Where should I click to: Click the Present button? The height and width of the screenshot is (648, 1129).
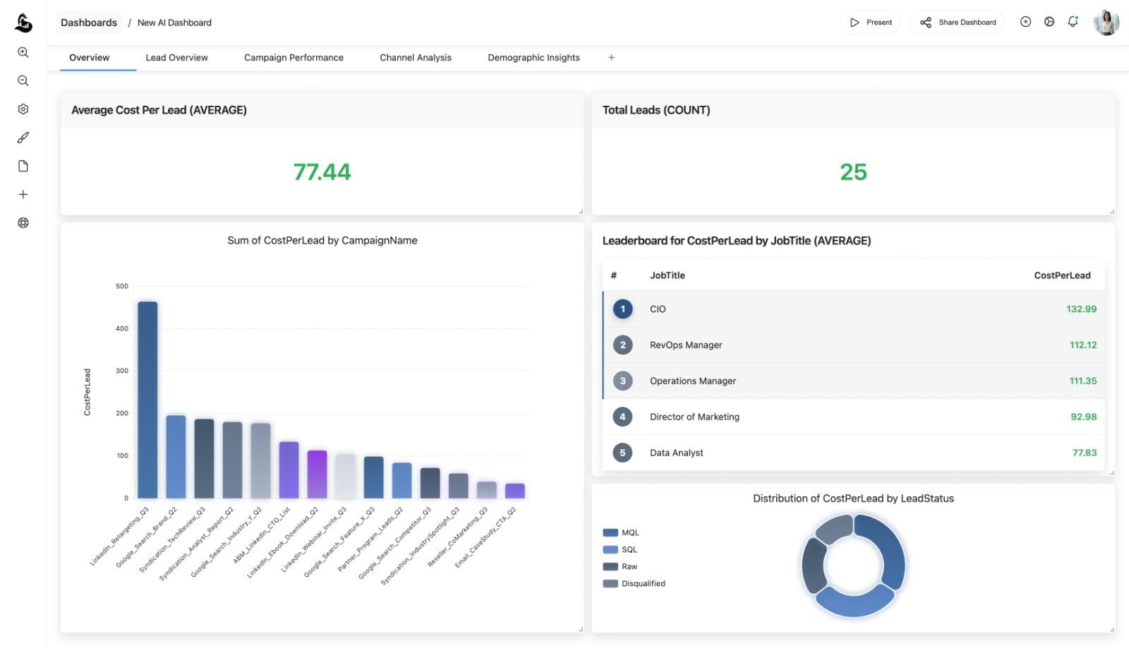871,23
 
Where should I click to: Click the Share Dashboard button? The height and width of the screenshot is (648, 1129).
958,23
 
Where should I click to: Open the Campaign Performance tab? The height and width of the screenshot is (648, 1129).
294,58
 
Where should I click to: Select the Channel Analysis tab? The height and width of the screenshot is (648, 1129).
415,58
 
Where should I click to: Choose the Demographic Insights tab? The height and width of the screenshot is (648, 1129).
533,58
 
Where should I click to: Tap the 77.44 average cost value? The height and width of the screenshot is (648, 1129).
322,172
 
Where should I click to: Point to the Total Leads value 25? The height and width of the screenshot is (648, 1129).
853,172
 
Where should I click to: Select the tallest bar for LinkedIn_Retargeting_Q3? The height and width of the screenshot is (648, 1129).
147,400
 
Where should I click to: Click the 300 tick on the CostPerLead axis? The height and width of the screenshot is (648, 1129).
122,371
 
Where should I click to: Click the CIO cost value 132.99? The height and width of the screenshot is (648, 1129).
1081,309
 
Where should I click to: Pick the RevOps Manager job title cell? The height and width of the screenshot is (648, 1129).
685,345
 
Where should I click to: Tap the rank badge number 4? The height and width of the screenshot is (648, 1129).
622,417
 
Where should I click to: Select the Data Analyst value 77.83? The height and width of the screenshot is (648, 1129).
1084,453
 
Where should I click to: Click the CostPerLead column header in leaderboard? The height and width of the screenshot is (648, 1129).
1062,276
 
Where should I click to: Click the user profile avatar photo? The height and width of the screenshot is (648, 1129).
1106,23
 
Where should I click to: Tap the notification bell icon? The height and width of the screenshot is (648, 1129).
1073,22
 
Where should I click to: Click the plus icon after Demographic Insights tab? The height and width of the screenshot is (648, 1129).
611,58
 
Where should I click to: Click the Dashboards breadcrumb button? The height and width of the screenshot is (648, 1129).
89,23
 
